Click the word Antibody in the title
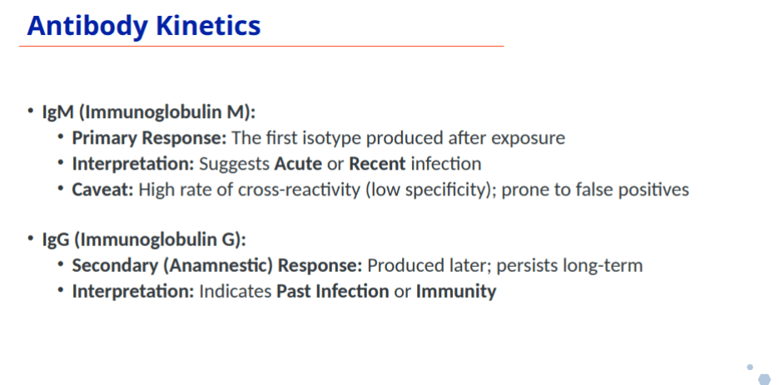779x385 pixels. (87, 27)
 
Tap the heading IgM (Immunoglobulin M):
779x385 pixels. (148, 112)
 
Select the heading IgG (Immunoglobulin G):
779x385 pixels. (144, 240)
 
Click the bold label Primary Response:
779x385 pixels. (149, 138)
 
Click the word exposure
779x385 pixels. (528, 138)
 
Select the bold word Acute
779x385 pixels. (298, 164)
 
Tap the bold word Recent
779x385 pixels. (378, 164)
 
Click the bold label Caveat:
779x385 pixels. (103, 190)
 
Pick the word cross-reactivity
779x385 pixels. (299, 190)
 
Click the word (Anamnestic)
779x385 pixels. (218, 266)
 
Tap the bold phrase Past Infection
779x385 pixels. (332, 291)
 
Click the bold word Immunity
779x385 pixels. (456, 292)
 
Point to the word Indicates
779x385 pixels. (235, 291)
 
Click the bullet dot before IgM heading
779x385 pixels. (31, 110)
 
